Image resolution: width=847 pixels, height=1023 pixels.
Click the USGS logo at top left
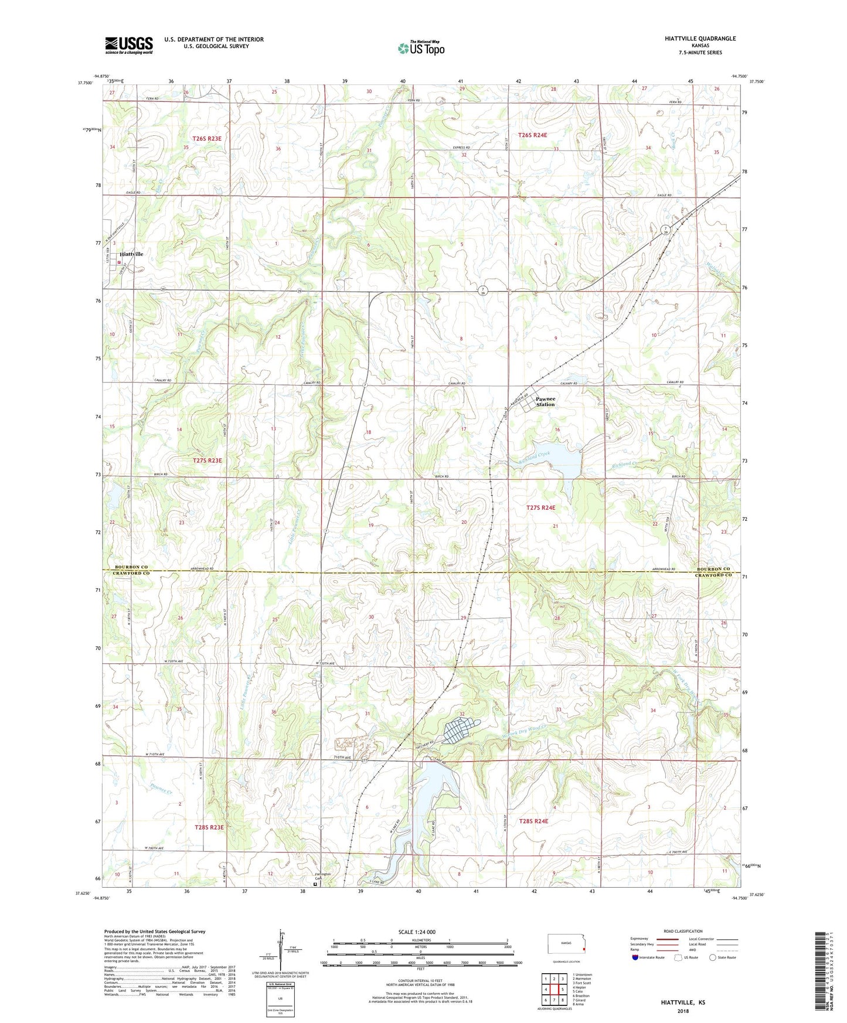click(129, 45)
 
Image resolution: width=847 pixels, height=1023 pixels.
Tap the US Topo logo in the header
click(421, 48)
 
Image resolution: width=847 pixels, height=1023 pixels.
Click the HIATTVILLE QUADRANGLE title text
click(700, 39)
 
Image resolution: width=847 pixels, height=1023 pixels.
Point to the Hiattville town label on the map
click(131, 254)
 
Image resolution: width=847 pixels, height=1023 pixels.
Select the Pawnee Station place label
click(545, 402)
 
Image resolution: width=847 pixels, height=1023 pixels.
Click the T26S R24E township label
click(532, 135)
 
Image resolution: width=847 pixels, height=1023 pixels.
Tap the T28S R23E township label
click(209, 827)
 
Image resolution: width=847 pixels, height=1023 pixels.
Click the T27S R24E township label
click(540, 508)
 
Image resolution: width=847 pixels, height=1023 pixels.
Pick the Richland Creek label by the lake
click(534, 458)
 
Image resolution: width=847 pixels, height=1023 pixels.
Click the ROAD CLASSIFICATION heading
click(682, 931)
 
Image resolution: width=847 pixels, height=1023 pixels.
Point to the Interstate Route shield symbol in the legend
click(635, 957)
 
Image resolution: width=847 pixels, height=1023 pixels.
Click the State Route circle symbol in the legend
click(713, 957)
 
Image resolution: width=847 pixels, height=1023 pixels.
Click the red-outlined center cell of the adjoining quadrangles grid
click(554, 990)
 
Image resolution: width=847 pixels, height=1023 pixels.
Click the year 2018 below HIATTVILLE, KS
click(682, 1011)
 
